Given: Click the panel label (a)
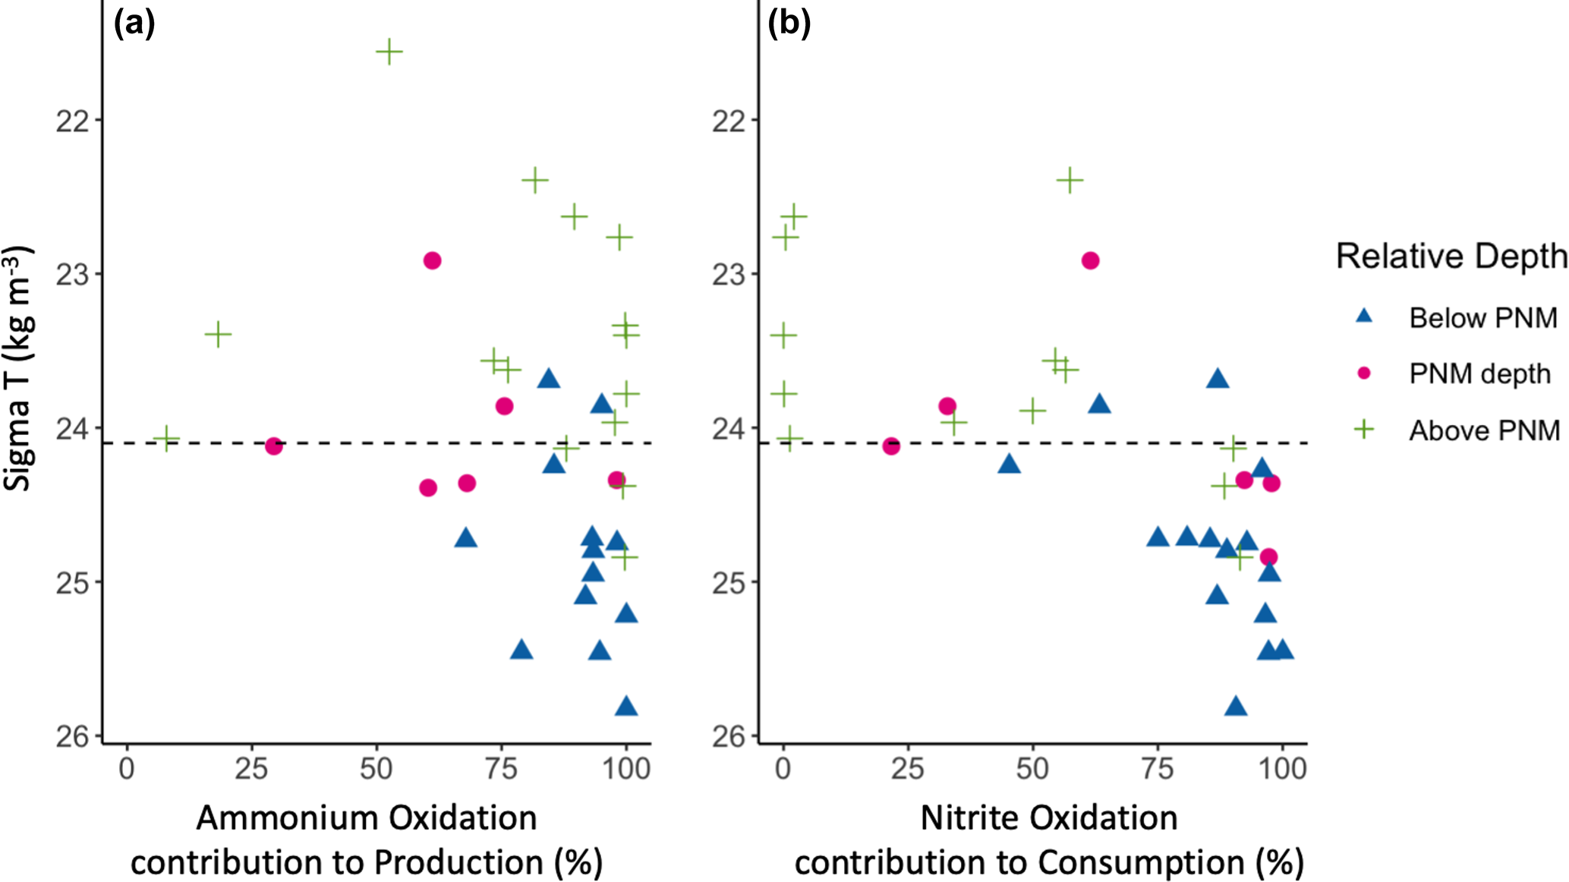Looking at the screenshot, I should tap(134, 24).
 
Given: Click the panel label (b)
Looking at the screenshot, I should tap(789, 24).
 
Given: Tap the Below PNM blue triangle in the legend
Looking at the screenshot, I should tap(1364, 316).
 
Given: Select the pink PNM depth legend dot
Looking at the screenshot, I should tap(1364, 373).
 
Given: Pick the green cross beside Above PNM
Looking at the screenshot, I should tap(1364, 430).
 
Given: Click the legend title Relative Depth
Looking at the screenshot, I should tap(1451, 257).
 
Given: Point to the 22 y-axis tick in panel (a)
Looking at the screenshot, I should tap(72, 120).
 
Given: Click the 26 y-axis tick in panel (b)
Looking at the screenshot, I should tap(728, 736).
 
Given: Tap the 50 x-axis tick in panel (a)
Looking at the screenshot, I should tap(376, 769).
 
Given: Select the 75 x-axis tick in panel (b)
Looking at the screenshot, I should tap(1157, 769).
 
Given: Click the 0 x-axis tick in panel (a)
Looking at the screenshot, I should tap(126, 769).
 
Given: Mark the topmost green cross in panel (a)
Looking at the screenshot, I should tap(389, 52).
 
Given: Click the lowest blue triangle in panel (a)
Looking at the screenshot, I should tap(626, 707).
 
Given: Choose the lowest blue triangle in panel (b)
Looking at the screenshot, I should tap(1236, 707).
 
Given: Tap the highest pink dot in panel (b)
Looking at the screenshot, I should tap(1090, 260).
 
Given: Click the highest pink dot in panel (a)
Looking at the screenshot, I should tap(432, 260).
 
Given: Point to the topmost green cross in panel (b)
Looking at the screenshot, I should tap(1070, 181).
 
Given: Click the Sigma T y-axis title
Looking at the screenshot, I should tap(17, 368).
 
